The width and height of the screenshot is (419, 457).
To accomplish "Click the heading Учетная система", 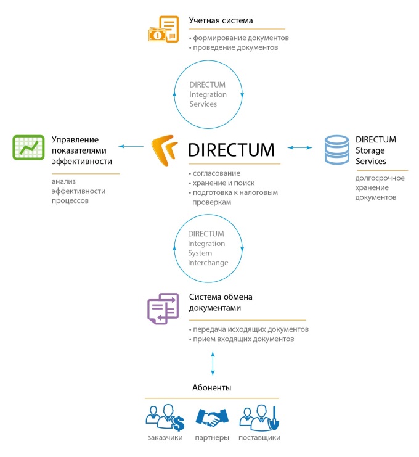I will [x=221, y=21].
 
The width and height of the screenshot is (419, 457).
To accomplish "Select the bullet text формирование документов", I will [x=240, y=38].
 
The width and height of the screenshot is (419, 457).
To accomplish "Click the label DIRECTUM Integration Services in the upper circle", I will [x=208, y=94].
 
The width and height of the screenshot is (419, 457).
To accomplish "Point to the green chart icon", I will [x=28, y=147].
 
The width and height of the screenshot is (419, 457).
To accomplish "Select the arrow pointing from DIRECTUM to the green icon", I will [x=130, y=146].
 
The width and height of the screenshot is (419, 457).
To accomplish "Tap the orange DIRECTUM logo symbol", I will [x=168, y=151].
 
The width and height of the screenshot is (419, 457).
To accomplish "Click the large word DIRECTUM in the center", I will [x=231, y=150].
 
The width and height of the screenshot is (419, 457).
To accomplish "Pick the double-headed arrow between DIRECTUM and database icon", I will [x=300, y=147].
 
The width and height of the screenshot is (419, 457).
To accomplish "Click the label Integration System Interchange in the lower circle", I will [x=208, y=248].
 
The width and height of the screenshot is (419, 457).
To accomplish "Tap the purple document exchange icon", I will [x=163, y=308].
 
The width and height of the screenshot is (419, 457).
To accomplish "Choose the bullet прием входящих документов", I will [x=242, y=339].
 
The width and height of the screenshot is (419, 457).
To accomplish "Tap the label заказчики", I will [x=165, y=437].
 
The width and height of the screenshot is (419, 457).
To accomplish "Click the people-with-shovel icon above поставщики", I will [x=259, y=418].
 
